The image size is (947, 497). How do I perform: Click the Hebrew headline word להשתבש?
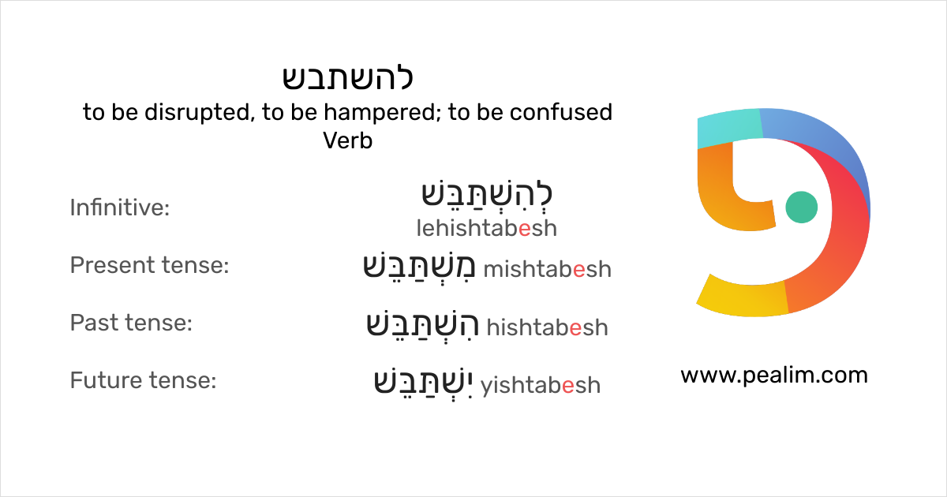348,78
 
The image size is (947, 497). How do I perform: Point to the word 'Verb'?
347,141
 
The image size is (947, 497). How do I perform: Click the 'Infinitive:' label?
120,208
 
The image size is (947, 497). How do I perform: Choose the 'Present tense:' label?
149,266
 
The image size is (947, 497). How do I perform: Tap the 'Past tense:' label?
131,323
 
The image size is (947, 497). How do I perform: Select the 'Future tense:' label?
143,381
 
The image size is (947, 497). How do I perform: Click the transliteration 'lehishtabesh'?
486,229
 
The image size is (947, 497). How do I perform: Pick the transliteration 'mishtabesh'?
547,270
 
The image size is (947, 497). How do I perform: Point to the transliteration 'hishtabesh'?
547,327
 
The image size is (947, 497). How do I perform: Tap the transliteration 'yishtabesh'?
541,385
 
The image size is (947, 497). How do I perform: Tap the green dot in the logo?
802,207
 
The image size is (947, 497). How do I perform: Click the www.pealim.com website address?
773,376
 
